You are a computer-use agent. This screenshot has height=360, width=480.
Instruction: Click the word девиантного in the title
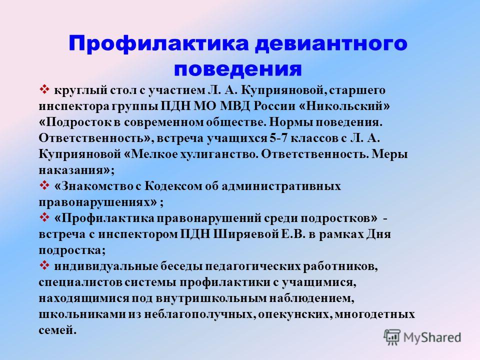(x=331, y=44)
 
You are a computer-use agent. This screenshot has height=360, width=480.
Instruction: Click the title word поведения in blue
(x=238, y=69)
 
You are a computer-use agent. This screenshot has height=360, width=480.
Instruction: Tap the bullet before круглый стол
(x=44, y=90)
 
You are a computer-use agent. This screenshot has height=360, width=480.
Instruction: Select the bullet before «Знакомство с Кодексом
(x=44, y=185)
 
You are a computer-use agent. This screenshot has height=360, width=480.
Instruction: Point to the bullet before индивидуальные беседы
(x=44, y=265)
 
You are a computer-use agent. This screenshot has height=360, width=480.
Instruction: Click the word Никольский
(x=344, y=106)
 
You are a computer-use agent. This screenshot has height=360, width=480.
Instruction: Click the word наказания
(x=71, y=170)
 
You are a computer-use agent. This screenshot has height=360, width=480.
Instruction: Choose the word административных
(x=281, y=186)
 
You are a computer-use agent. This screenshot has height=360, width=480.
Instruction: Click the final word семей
(x=57, y=330)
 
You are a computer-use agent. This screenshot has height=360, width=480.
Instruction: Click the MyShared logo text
(x=432, y=337)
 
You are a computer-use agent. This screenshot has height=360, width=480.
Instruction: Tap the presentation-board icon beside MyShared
(x=392, y=337)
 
